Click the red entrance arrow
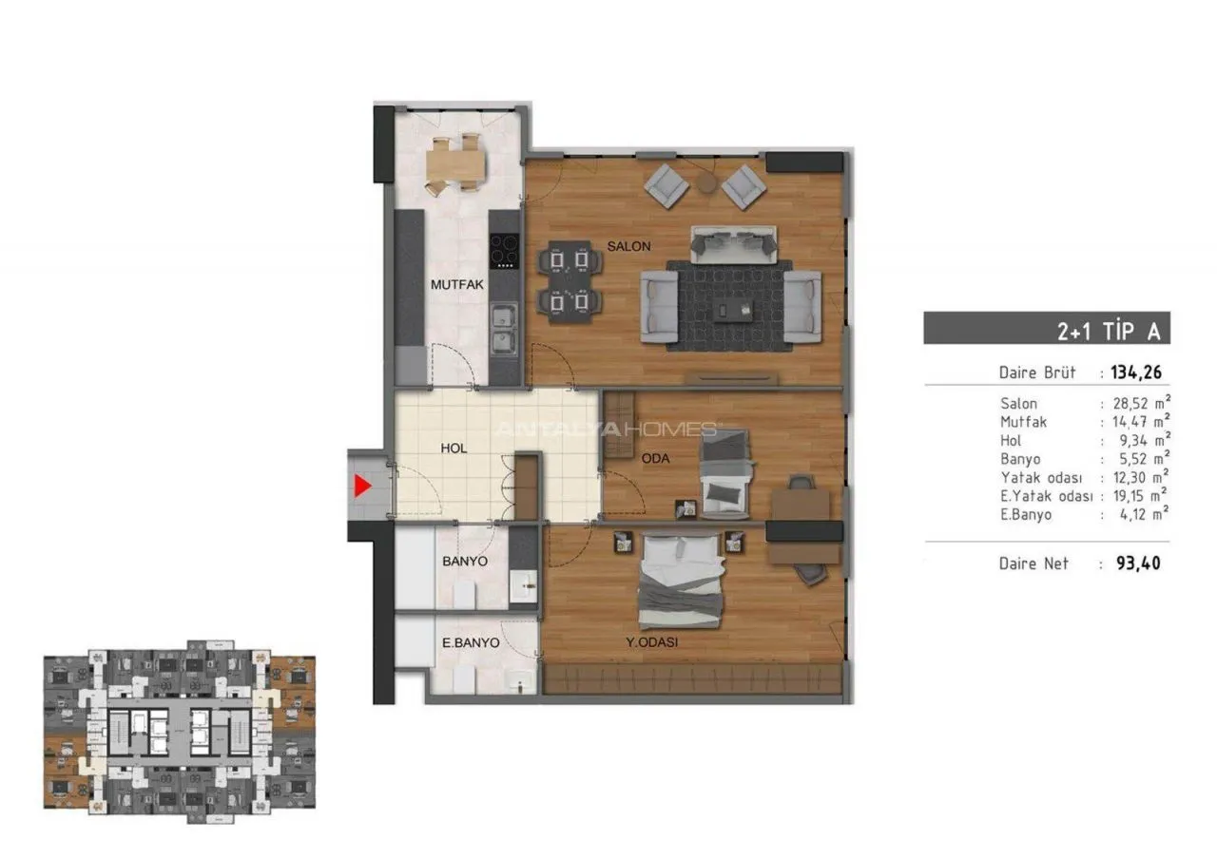[x=362, y=486]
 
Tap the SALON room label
[x=628, y=246]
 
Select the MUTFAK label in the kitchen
[x=457, y=284]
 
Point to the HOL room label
[x=454, y=449]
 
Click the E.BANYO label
[x=471, y=643]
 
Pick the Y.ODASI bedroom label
[x=652, y=642]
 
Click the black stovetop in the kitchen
[x=504, y=251]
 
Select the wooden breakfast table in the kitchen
[x=455, y=162]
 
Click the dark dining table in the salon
[x=569, y=282]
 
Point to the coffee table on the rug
[x=733, y=310]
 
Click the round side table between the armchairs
[x=706, y=183]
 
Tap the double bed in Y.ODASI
[x=682, y=580]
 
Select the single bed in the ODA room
[x=725, y=474]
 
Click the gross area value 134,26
[x=1136, y=372]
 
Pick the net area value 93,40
[x=1138, y=563]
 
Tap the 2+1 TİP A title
[x=1108, y=332]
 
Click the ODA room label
[x=655, y=459]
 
